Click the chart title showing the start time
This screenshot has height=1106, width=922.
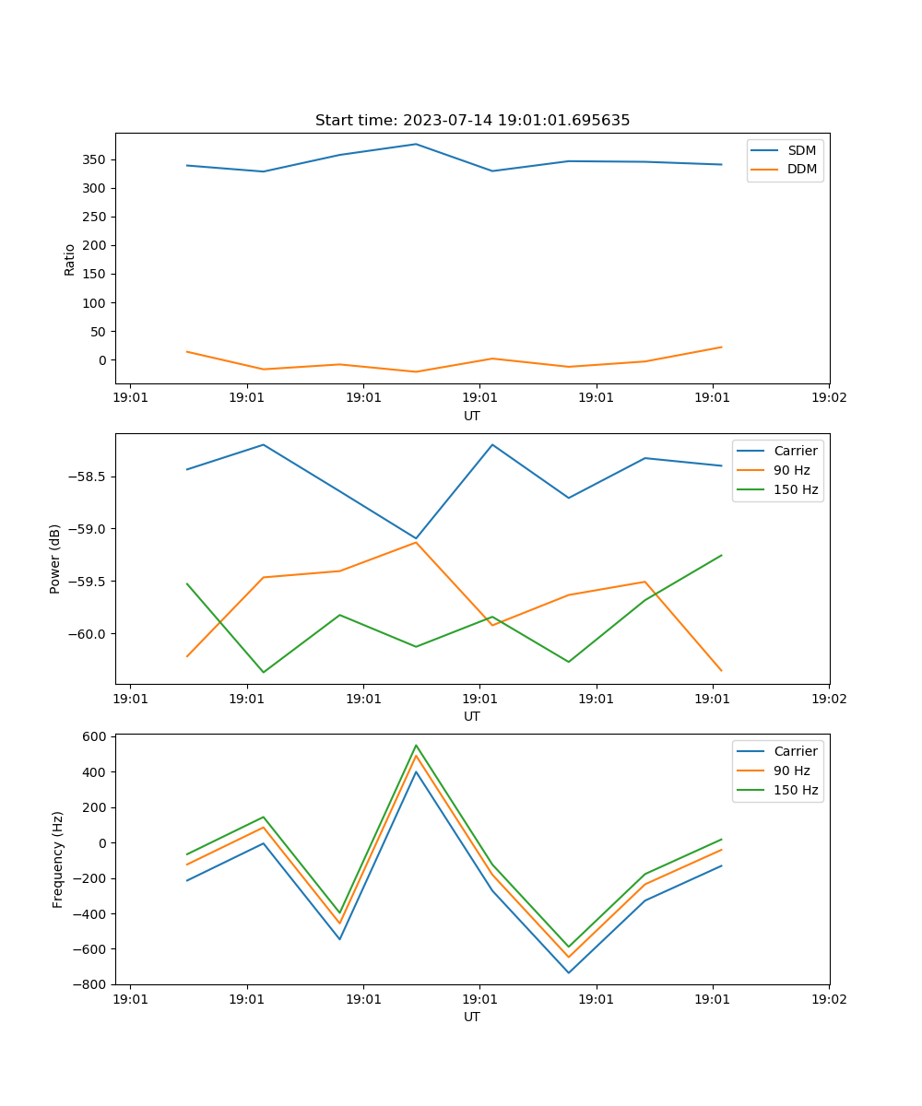472,121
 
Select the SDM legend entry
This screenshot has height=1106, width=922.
801,150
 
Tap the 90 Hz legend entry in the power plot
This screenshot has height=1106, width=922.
791,470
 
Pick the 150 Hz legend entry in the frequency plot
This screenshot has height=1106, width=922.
796,790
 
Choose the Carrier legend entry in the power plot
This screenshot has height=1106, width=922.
795,451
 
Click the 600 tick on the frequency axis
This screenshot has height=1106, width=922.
97,736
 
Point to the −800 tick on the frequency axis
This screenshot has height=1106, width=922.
91,984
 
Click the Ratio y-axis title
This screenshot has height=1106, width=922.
70,259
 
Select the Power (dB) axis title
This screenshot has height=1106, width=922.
55,559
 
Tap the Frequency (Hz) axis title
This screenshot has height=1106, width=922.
58,859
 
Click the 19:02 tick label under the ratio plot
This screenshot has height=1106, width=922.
828,398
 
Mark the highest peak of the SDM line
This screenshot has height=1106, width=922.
416,144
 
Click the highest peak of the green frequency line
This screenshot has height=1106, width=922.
416,745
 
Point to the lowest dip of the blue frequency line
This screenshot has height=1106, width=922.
568,972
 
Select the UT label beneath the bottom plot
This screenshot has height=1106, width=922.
472,1018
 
